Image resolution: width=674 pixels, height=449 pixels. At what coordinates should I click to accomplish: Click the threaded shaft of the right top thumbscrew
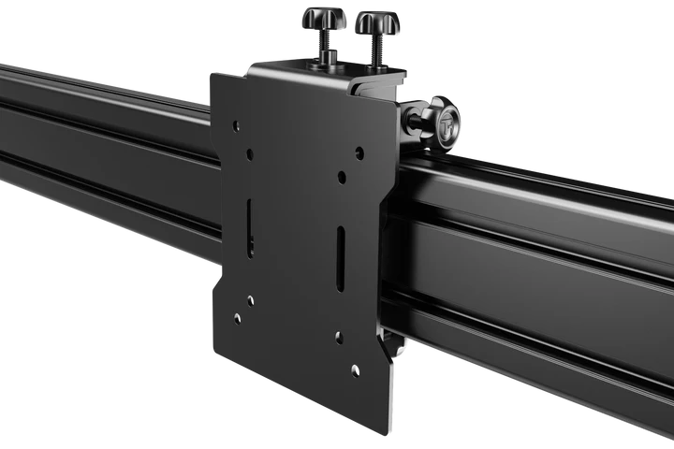[375, 49]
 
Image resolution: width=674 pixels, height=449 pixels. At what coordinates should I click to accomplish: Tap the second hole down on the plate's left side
[249, 157]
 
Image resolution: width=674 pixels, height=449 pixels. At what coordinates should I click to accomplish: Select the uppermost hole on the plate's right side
[360, 152]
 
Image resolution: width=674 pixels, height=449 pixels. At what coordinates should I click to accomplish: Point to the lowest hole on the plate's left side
[237, 319]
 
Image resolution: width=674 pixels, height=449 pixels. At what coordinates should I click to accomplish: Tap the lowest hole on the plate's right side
[355, 370]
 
